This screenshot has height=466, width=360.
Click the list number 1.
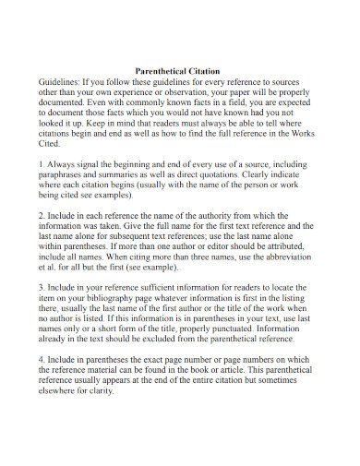click(42, 164)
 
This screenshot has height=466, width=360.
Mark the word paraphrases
click(66, 176)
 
